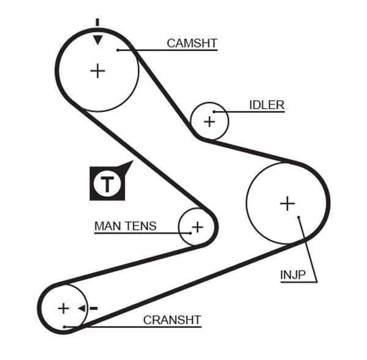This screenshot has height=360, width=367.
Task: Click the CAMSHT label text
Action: [x=192, y=43]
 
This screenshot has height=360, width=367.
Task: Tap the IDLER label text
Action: [x=267, y=105]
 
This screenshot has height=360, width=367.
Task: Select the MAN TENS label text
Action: [x=125, y=226]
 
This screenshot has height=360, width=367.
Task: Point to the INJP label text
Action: [x=292, y=274]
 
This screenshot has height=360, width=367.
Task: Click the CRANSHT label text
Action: [x=172, y=320]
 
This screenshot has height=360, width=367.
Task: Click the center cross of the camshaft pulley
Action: [x=97, y=71]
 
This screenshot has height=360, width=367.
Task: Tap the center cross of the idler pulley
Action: [x=210, y=121]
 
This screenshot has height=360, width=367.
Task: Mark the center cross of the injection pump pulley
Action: [x=287, y=203]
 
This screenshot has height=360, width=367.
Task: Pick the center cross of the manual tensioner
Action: [x=197, y=228]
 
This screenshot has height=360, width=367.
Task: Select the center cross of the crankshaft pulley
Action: [x=64, y=308]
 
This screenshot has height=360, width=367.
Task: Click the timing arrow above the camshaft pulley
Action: [x=97, y=40]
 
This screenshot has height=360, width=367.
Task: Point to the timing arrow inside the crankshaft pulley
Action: [x=81, y=308]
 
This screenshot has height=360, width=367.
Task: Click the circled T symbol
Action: [x=108, y=183]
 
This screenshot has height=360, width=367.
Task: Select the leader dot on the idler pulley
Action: [x=215, y=112]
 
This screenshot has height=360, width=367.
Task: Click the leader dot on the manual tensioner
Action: [x=188, y=232]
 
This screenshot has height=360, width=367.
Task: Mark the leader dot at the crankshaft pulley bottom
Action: [x=64, y=327]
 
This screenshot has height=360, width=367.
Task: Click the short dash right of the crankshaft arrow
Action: [x=94, y=308]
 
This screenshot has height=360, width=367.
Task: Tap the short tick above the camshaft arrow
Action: [x=97, y=23]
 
